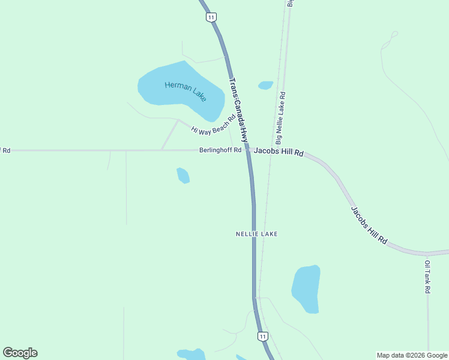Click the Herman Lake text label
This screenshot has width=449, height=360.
(x=186, y=91)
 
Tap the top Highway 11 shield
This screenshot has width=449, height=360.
(x=211, y=17)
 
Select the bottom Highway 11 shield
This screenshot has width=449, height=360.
(x=262, y=337)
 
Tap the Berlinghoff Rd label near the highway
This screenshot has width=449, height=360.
(x=220, y=150)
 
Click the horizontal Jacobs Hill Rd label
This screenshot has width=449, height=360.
(x=277, y=152)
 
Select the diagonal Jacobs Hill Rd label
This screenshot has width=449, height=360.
(x=369, y=225)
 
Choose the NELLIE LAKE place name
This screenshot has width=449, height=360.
(x=256, y=233)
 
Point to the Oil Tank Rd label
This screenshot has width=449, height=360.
(x=427, y=277)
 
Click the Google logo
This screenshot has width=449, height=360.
(x=20, y=353)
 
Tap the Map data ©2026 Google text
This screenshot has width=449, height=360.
(x=412, y=355)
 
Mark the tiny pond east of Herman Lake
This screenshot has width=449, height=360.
(x=265, y=85)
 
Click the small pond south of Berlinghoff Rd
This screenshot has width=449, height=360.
(x=183, y=175)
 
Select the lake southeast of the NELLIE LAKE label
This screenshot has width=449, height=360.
(x=306, y=288)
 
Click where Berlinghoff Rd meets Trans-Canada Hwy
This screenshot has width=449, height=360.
(x=247, y=150)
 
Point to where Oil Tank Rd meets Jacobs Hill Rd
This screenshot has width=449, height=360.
(x=427, y=254)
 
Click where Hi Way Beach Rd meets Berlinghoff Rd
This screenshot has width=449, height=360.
(x=161, y=150)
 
